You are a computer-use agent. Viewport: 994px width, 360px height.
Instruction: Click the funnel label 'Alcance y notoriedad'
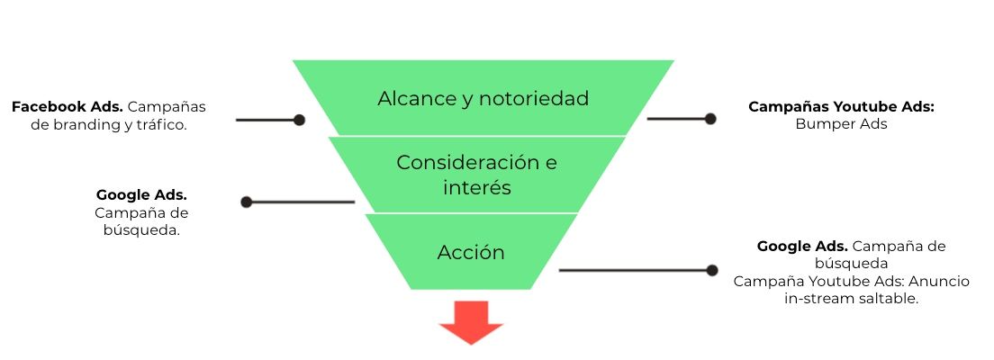click(483, 98)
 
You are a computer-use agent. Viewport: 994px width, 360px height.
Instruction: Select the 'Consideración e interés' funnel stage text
click(476, 175)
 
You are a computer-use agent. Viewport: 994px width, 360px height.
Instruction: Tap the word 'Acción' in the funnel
click(471, 252)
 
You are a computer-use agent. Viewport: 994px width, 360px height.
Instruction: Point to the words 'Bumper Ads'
click(841, 124)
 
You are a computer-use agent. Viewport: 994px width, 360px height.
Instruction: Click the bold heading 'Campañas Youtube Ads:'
click(841, 106)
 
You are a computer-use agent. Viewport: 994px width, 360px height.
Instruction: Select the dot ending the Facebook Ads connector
click(299, 120)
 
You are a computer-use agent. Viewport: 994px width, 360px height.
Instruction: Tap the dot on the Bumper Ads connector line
click(710, 119)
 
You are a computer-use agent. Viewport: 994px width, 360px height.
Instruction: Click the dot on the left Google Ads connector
click(247, 202)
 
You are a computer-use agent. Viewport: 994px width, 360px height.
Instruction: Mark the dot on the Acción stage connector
click(712, 270)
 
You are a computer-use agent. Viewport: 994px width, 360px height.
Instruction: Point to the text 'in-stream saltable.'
click(851, 298)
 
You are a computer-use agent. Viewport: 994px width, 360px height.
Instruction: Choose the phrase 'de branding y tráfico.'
click(108, 124)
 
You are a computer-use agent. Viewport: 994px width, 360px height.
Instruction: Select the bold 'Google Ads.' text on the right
click(802, 246)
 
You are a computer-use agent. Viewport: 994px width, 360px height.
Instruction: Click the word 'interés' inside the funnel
click(476, 189)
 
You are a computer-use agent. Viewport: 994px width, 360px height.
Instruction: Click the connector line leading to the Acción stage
click(630, 270)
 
